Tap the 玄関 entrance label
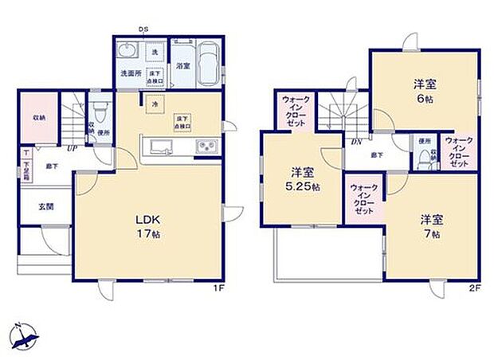(45, 206)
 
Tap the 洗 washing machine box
(155, 53)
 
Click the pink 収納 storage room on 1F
(38, 116)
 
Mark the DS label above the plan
(144, 29)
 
